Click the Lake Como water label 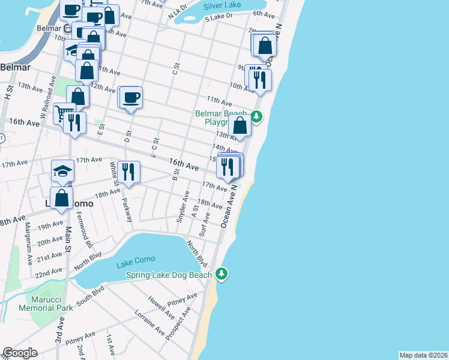[136, 259]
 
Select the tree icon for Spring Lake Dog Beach [222, 274]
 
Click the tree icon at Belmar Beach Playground [256, 116]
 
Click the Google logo [20, 353]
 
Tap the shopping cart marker [64, 112]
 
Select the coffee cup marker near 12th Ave [131, 97]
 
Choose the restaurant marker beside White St [128, 172]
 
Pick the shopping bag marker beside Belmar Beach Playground [240, 126]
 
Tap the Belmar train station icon [76, 28]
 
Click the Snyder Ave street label [182, 205]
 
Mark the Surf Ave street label [204, 224]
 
